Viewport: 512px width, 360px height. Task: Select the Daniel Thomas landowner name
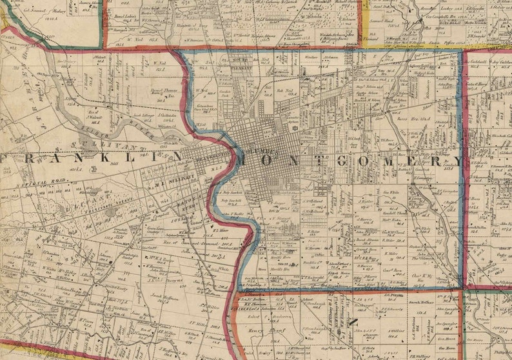pos(163,92)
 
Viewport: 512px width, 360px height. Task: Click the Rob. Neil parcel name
pos(284,91)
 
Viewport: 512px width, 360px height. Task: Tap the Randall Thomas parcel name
pos(393,213)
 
